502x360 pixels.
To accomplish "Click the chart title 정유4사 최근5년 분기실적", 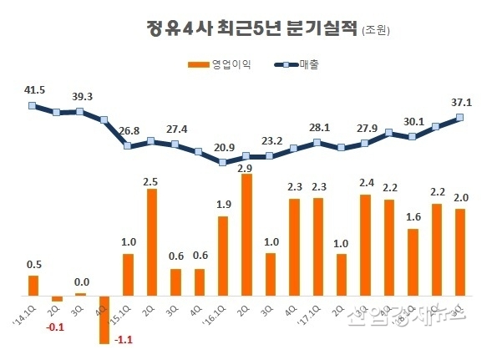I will (251, 30).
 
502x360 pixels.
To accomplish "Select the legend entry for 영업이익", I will (218, 64).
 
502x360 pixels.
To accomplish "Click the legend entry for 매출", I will (297, 64).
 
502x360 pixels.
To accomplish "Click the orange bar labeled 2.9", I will (246, 235).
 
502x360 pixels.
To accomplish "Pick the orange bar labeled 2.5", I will (152, 242).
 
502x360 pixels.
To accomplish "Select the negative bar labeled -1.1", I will (104, 320).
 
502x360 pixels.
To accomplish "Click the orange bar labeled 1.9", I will (223, 256).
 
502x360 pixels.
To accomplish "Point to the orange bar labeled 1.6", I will (413, 261).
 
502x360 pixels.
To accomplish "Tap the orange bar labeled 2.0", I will (459, 252).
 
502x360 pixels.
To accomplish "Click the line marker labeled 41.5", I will (33, 105).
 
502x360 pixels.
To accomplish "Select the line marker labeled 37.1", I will (460, 117).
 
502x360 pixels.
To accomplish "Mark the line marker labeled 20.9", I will (223, 162).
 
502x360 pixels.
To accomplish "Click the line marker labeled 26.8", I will (128, 146).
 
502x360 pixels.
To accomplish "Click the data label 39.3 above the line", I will (80, 96).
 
